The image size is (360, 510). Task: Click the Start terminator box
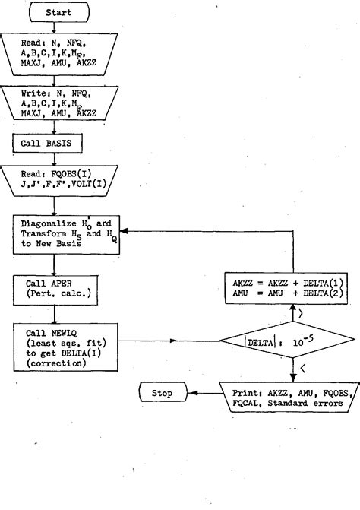coord(59,13)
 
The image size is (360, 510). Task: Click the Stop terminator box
coord(163,394)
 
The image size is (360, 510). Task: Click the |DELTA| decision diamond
coord(291,344)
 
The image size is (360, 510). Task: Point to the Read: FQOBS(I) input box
coord(63,182)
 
